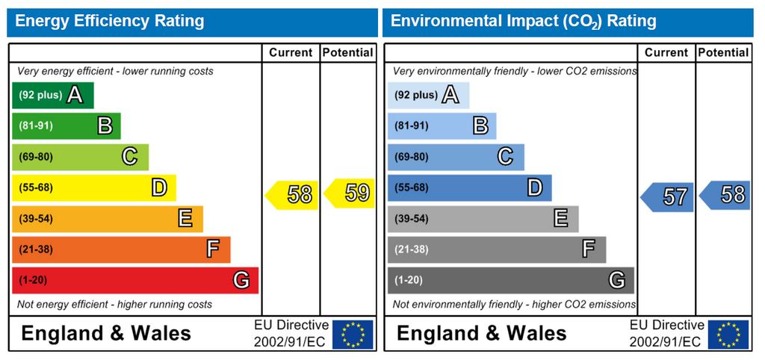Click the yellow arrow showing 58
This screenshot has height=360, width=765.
point(292,195)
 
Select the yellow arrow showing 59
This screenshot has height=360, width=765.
point(350,193)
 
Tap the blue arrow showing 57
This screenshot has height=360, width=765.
point(667,197)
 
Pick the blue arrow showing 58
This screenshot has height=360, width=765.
point(725,195)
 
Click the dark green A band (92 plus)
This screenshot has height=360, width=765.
point(53,95)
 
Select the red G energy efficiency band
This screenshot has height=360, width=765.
point(135,281)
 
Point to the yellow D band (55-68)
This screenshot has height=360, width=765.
point(93,187)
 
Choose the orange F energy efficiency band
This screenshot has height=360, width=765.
point(121,249)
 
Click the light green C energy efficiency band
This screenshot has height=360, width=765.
point(80,157)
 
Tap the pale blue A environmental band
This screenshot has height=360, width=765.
point(428,95)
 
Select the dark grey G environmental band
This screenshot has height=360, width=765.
point(511,281)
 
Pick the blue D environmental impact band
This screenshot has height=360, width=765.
point(469,187)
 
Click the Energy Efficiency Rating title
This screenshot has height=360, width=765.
point(110,22)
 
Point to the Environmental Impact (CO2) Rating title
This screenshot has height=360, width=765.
point(524,22)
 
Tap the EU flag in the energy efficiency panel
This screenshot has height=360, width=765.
point(353,334)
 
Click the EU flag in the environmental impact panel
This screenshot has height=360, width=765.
point(728,334)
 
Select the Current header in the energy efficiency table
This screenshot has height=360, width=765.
point(291,53)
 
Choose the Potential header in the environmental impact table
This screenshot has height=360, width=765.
point(723,53)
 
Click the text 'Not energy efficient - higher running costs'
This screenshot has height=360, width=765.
point(114,305)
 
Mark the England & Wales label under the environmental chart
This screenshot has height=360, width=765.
point(482,334)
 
